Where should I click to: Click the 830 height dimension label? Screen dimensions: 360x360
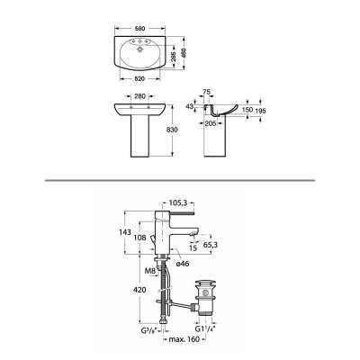tap(173, 130)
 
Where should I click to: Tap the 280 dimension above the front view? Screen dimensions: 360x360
tap(139, 96)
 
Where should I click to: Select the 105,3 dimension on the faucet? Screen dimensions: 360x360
tap(178, 203)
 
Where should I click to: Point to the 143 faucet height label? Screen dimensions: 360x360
tap(125, 232)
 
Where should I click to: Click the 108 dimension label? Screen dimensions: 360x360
tap(139, 238)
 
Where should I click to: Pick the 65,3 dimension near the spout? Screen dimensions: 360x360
tap(211, 245)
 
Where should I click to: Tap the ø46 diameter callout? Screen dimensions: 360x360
tap(183, 264)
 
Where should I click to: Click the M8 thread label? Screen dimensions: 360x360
tap(149, 272)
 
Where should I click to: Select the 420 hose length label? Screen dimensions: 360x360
tap(139, 290)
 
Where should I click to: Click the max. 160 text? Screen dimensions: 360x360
tap(184, 339)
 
